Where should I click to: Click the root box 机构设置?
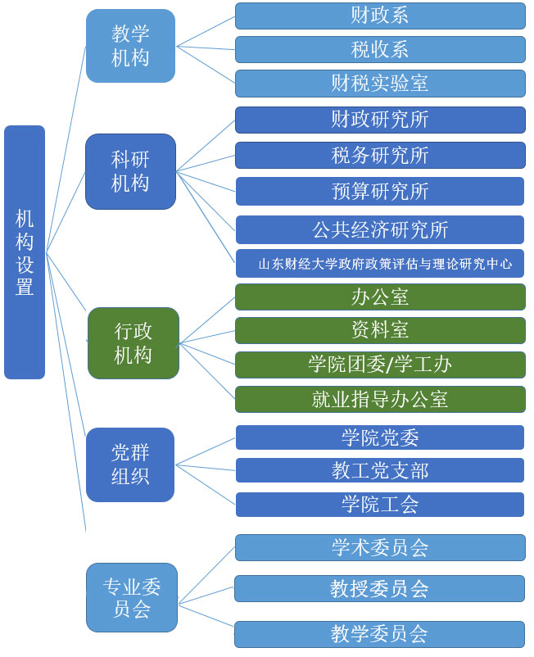25,252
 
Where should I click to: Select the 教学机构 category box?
130,46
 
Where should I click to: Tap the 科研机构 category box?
130,171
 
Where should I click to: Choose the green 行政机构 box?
133,342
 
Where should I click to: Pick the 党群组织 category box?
130,464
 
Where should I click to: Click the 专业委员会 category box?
130,597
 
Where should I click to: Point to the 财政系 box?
380,16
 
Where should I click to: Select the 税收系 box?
380,49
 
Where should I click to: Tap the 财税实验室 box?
380,84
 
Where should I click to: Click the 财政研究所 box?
380,120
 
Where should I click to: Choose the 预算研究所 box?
380,191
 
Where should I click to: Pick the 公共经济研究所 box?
380,229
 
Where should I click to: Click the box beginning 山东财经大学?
380,264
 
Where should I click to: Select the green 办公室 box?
380,297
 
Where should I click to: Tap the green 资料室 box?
380,330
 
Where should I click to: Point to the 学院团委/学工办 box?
380,365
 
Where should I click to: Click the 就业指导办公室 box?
380,399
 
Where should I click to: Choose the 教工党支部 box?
380,470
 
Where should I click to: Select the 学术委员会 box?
380,547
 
